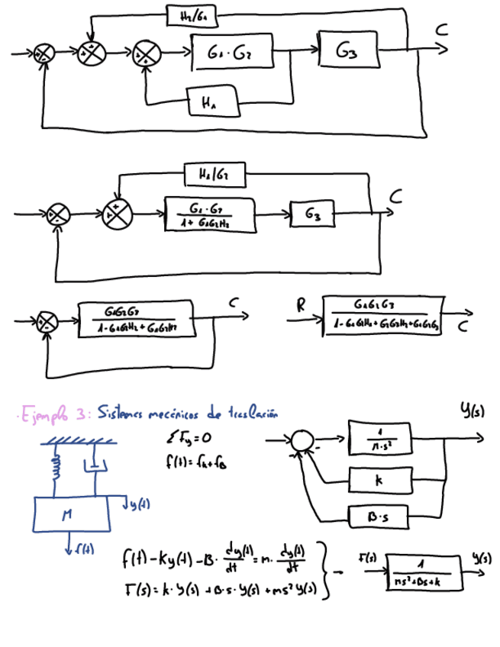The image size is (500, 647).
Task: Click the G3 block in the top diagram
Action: click(349, 51)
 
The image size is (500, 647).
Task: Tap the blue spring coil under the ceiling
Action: click(53, 467)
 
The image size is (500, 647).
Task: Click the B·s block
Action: click(379, 517)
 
